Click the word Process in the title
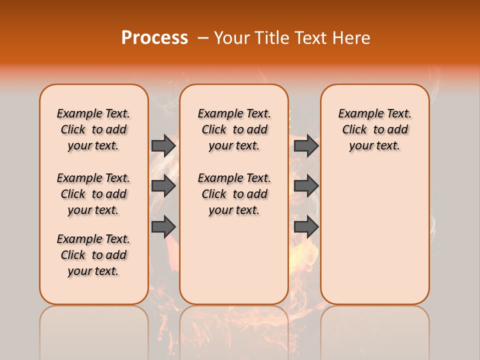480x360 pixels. coord(154,38)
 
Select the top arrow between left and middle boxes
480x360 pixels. coord(163,145)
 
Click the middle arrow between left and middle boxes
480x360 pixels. coord(163,186)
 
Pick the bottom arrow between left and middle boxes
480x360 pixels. coord(163,227)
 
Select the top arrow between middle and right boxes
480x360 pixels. coord(306,145)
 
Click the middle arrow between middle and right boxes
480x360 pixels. coord(306,186)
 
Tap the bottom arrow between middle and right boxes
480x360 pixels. coord(306,227)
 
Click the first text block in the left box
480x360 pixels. coord(93,129)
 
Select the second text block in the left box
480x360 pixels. coord(93,194)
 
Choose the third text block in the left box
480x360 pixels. coord(93,255)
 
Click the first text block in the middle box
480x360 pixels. coord(234,129)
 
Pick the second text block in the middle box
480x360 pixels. coord(234,194)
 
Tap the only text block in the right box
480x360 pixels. coord(374,129)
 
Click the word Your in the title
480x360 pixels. coord(231,38)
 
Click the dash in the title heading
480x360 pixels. coord(202,38)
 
